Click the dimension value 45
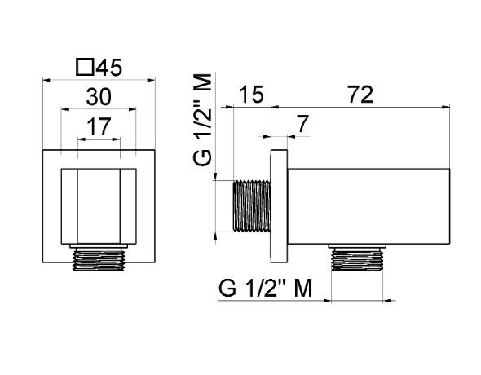click(x=109, y=68)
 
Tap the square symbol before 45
click(x=84, y=67)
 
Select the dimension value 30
click(x=99, y=97)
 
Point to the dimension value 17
click(x=99, y=126)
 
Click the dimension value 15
click(x=250, y=95)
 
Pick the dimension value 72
click(x=360, y=95)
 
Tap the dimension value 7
click(x=302, y=124)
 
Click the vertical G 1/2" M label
click(x=203, y=120)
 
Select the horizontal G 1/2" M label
click(x=265, y=288)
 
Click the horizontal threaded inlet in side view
click(x=252, y=205)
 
